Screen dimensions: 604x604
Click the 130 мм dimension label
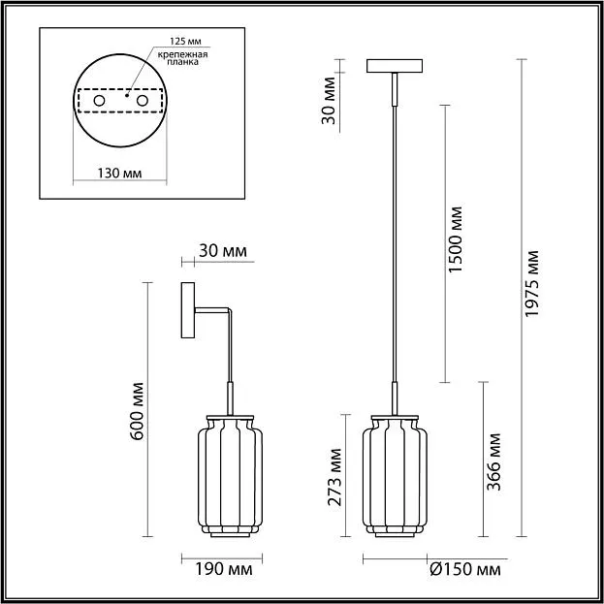[119, 174]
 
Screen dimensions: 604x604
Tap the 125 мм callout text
[186, 41]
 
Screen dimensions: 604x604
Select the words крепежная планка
[182, 58]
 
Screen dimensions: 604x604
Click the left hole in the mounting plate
[99, 101]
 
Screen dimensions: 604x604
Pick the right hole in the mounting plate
[143, 101]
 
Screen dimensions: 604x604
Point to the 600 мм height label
[137, 411]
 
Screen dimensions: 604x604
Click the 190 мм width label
[224, 569]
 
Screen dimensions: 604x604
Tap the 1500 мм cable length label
[456, 240]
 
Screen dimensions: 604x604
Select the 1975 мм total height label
[532, 284]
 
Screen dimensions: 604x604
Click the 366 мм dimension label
[493, 462]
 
